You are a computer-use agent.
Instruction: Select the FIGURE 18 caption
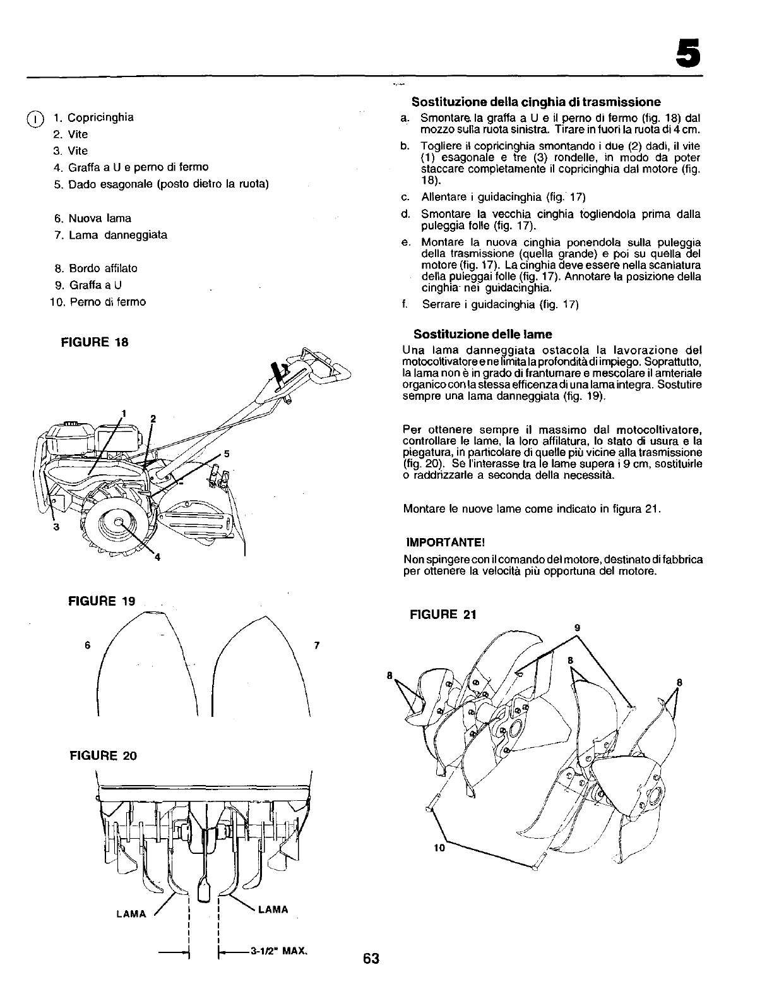[94, 342]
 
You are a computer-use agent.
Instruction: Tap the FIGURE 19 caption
[102, 601]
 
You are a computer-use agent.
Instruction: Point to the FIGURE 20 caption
[102, 756]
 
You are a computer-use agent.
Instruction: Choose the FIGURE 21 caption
[443, 615]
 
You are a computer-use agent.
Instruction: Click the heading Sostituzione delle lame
[482, 334]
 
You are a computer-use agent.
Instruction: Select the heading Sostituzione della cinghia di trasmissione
[536, 102]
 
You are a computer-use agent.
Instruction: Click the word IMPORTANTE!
[445, 543]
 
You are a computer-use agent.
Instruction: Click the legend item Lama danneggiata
[117, 235]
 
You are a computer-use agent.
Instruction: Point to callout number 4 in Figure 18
[157, 556]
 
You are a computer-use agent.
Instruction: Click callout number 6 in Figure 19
[88, 645]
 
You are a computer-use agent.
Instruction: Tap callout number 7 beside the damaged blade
[317, 645]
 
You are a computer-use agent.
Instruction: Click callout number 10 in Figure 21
[439, 848]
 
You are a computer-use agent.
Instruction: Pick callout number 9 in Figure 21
[576, 627]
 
